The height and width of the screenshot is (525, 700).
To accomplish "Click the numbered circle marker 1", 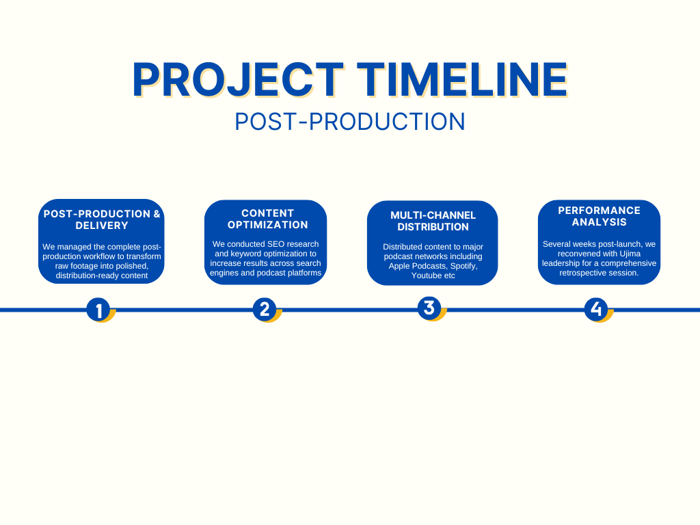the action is (98, 310).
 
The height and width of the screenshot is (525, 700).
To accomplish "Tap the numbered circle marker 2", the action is (265, 310).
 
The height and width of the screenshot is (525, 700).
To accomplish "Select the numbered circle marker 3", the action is (429, 308).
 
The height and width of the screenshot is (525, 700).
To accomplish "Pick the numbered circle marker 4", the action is (596, 309).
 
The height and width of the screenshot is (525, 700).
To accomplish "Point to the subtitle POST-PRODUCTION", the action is (350, 122).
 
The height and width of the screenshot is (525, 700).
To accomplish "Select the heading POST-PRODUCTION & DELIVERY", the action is (102, 219).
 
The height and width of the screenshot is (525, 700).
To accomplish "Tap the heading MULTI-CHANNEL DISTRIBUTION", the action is (433, 221).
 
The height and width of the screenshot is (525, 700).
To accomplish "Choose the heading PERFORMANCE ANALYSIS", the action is (599, 216).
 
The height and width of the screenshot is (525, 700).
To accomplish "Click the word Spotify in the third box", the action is (461, 266).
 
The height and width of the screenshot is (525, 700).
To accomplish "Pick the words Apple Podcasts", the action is (414, 266).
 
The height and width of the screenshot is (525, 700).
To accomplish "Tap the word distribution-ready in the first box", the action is (87, 275).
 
